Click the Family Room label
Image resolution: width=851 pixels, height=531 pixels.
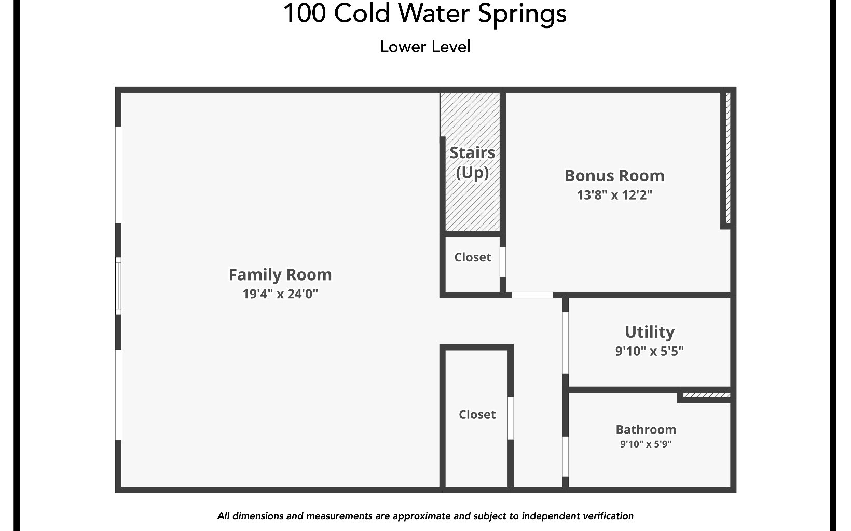point(280,274)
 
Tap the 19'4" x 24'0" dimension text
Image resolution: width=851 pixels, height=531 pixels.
point(280,294)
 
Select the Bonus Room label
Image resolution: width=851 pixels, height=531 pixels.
point(614,176)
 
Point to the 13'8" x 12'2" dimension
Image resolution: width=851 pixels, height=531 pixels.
point(614,195)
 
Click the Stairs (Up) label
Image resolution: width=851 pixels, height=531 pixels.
point(472,162)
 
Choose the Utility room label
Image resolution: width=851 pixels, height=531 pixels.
point(650,331)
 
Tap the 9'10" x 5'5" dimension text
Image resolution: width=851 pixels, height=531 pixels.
point(650,351)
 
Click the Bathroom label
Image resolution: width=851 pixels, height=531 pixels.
point(646,429)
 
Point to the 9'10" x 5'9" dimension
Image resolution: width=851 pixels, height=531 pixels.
point(646,444)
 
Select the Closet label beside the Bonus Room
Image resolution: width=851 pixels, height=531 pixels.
point(472,257)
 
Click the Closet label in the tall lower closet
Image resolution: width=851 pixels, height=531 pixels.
point(477,414)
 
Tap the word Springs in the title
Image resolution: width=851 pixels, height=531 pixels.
point(522,13)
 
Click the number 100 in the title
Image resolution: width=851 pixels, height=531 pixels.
point(304,13)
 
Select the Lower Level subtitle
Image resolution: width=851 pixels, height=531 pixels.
point(425,47)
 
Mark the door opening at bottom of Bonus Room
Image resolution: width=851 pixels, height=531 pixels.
point(532,295)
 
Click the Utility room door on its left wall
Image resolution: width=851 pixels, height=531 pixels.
point(566,342)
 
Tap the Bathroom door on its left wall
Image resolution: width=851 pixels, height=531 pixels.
point(566,456)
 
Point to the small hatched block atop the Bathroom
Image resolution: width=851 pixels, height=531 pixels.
point(706,396)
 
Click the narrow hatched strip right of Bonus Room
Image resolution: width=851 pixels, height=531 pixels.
point(728,158)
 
